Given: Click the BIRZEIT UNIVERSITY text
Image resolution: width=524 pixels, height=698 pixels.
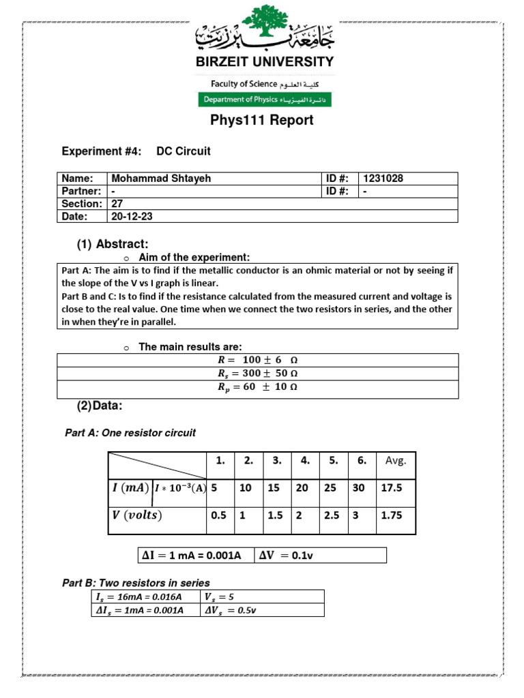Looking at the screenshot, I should (x=265, y=61).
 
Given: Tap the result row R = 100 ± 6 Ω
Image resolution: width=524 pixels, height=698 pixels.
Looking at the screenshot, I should (x=257, y=361).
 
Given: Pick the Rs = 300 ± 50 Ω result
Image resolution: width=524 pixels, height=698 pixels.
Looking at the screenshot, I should (x=257, y=374).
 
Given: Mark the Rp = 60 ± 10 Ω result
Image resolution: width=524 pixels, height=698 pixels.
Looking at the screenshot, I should (x=257, y=387).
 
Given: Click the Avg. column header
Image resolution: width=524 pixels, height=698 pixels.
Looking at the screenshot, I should (x=396, y=461).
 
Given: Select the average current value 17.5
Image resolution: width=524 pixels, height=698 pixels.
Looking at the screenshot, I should (x=392, y=488).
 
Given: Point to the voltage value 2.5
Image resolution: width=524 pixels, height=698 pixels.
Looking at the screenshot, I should (x=332, y=516).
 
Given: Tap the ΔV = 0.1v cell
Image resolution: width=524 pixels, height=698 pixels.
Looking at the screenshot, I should (x=286, y=556).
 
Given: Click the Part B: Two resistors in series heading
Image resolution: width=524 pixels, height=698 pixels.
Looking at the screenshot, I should (x=136, y=583).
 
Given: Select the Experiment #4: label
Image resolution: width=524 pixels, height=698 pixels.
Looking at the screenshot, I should (x=102, y=151).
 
